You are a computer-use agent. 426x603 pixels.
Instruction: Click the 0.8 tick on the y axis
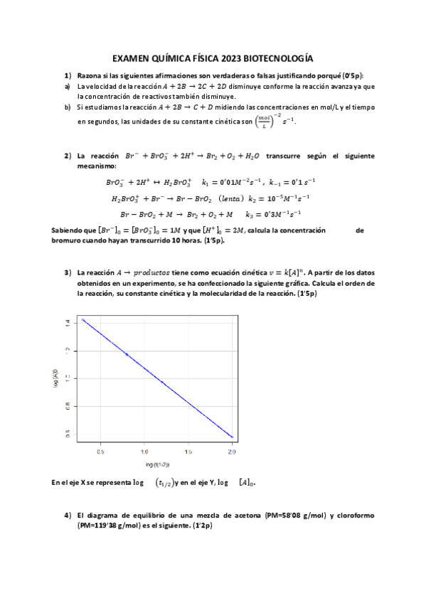click(68, 407)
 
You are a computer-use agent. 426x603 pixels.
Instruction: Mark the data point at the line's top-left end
click(84, 320)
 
